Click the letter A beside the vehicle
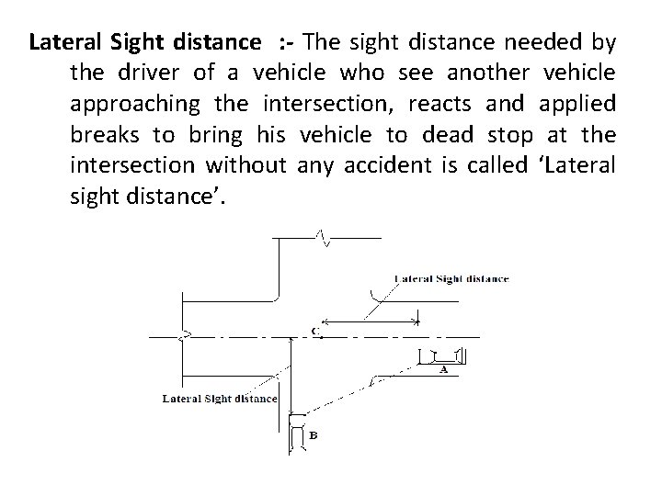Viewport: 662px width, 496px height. pyautogui.click(x=444, y=370)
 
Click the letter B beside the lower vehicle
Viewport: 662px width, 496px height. pyautogui.click(x=314, y=435)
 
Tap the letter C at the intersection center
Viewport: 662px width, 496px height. pyautogui.click(x=315, y=331)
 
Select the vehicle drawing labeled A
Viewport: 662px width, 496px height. pyautogui.click(x=442, y=355)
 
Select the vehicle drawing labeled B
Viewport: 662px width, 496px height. pyautogui.click(x=297, y=434)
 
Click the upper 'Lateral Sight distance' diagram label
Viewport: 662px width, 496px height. pyautogui.click(x=451, y=278)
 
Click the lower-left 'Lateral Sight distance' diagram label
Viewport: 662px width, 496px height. pyautogui.click(x=220, y=399)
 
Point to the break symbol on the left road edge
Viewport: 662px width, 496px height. pyautogui.click(x=186, y=336)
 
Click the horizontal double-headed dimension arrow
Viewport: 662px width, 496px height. pyautogui.click(x=373, y=321)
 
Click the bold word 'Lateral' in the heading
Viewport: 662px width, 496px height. pyautogui.click(x=58, y=42)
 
